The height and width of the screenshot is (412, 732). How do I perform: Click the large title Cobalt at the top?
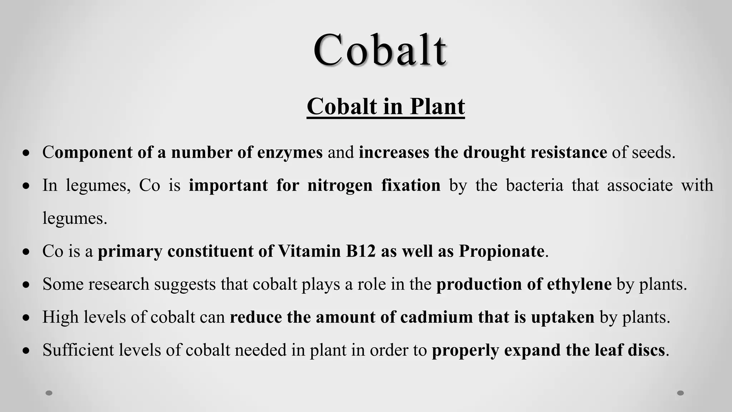[x=380, y=50]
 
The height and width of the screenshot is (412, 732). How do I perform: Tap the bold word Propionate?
[x=501, y=251]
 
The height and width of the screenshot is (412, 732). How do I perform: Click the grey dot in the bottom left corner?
[x=49, y=393]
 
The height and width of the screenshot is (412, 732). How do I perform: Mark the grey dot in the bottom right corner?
[x=681, y=393]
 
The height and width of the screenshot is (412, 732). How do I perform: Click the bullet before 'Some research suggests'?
[x=26, y=285]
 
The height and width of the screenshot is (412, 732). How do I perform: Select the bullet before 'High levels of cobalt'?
[x=26, y=318]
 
